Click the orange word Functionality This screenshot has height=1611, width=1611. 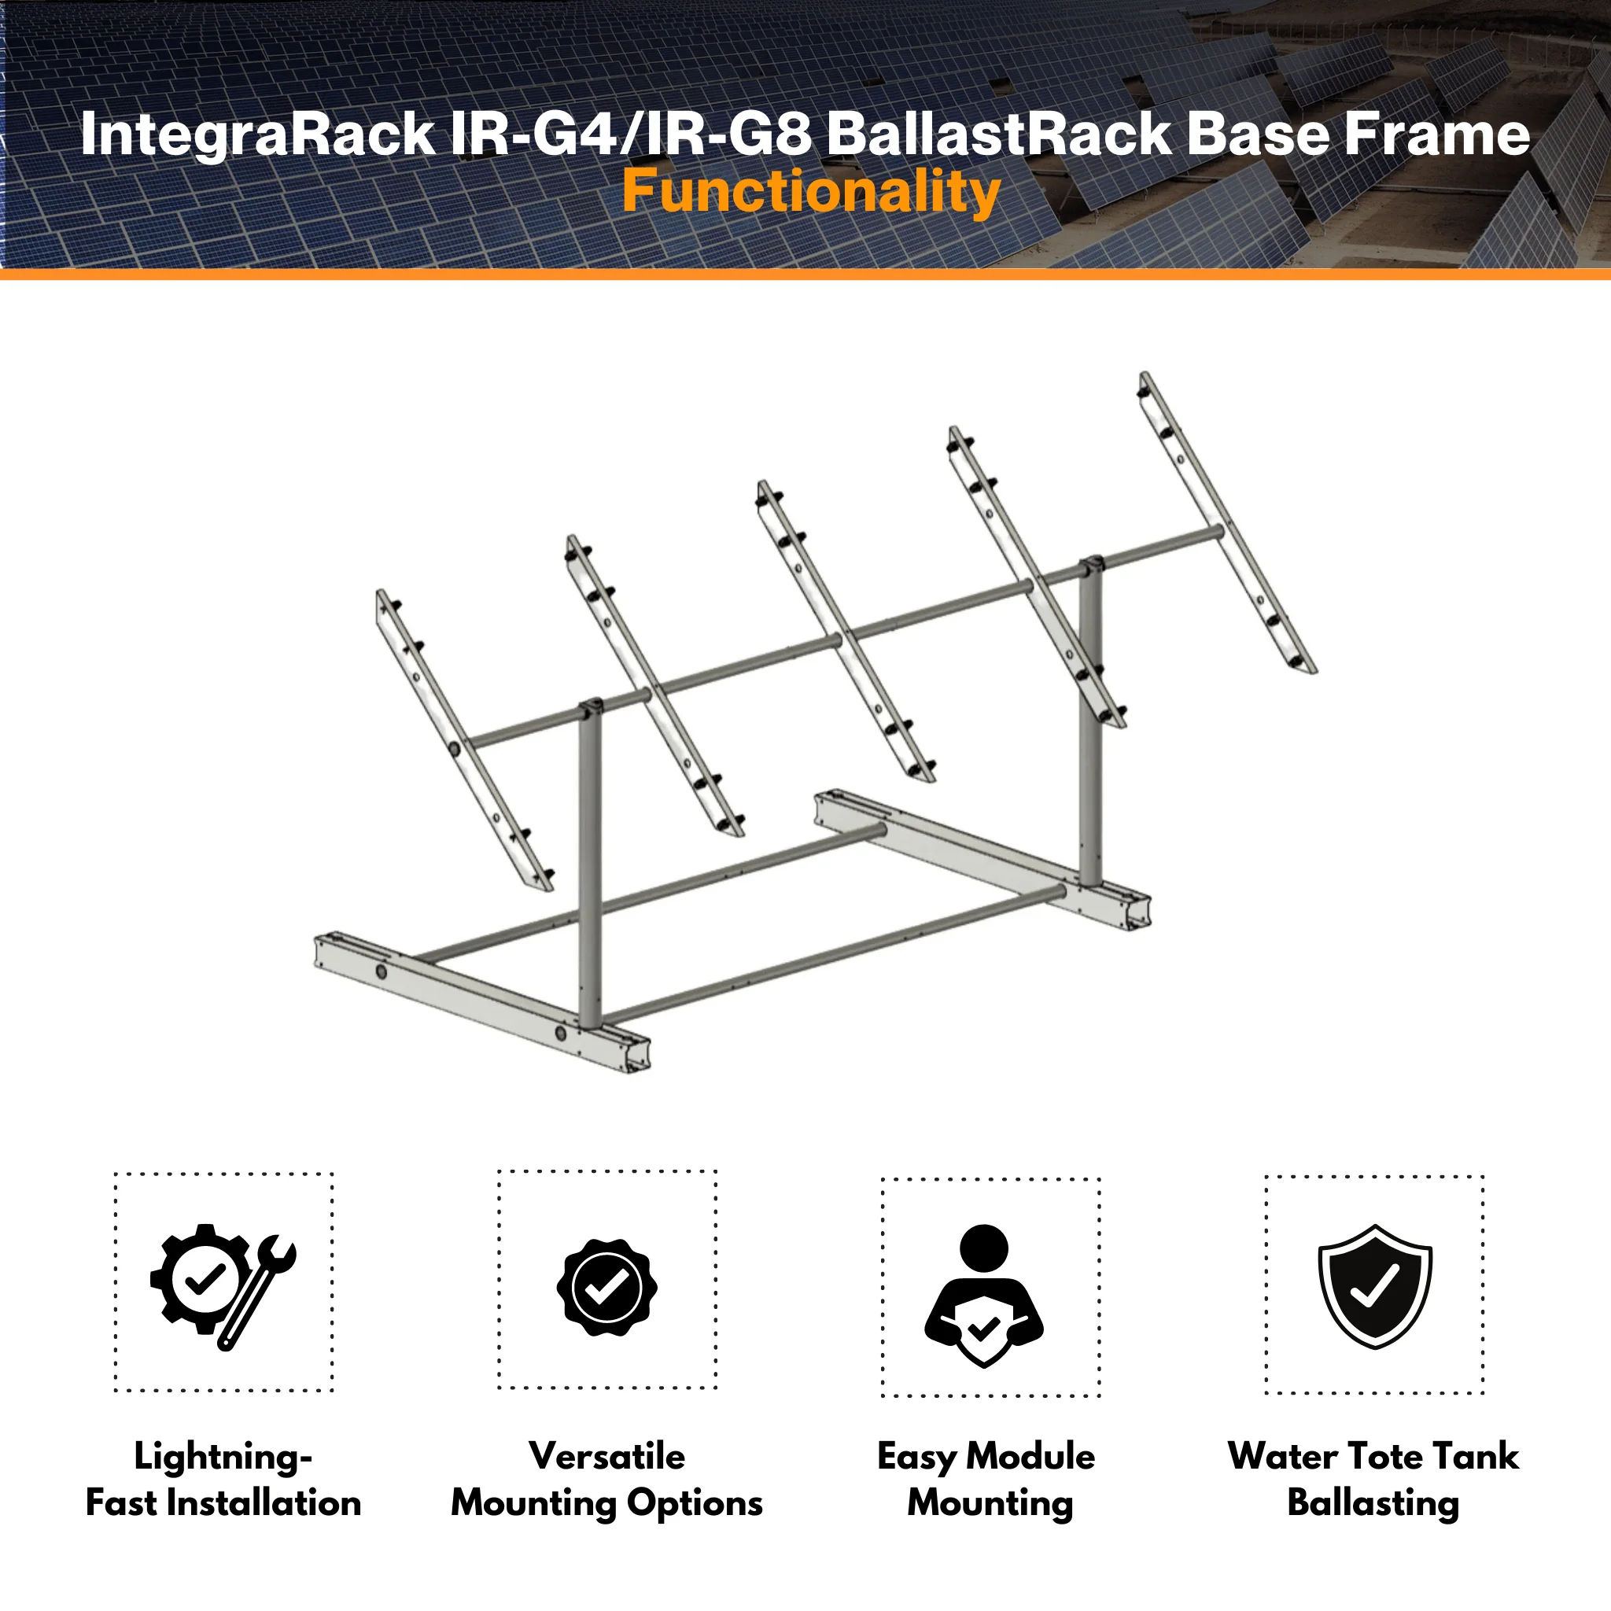(810, 193)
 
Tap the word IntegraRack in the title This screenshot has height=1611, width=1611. (258, 135)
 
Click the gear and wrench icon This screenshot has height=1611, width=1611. (223, 1287)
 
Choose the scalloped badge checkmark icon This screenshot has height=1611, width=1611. (607, 1288)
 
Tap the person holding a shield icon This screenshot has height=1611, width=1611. (984, 1296)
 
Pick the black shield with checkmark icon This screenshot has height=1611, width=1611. (1374, 1286)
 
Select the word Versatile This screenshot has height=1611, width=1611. (607, 1456)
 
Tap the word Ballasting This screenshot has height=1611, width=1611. (1373, 1503)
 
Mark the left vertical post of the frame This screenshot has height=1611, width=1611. (589, 867)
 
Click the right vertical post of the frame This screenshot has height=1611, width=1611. (1089, 724)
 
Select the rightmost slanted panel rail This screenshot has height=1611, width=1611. (1227, 522)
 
